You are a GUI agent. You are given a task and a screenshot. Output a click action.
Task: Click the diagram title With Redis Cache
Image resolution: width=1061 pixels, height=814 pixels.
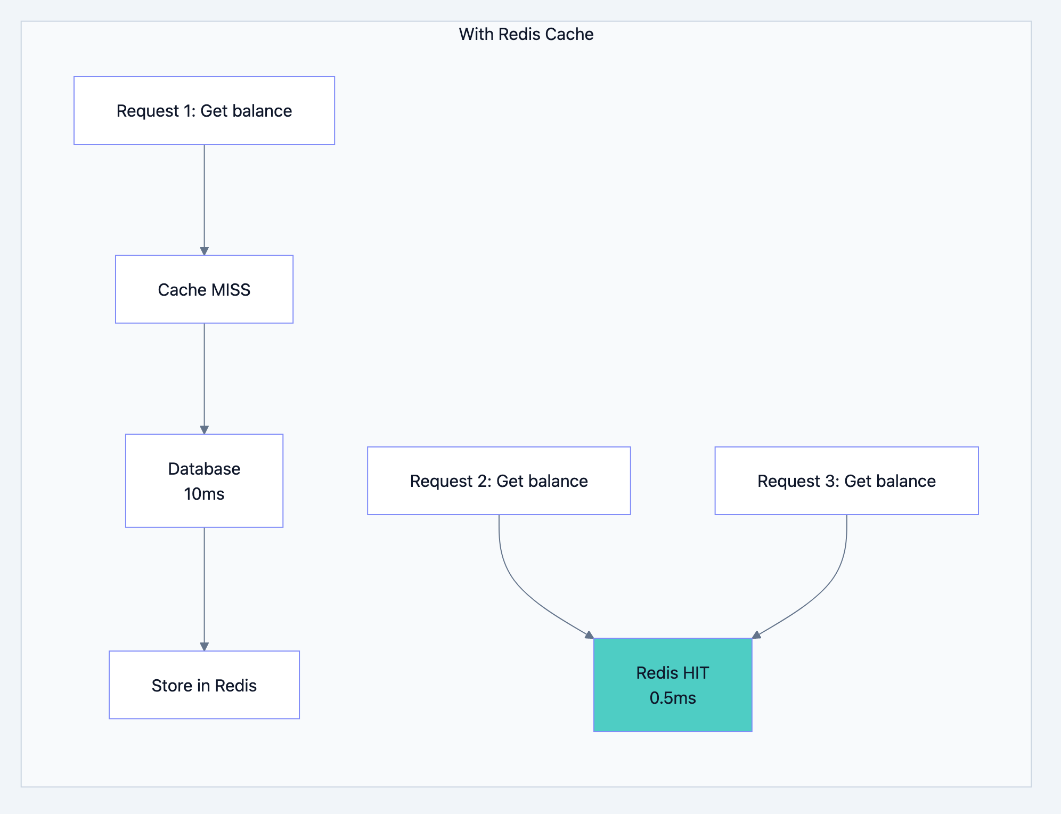(526, 34)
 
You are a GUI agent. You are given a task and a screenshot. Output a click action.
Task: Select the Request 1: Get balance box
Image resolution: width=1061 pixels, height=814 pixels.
(204, 110)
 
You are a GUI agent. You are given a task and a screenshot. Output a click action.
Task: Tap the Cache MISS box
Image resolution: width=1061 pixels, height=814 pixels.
(204, 289)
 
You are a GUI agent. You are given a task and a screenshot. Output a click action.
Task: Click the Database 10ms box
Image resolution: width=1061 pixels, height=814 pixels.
(204, 481)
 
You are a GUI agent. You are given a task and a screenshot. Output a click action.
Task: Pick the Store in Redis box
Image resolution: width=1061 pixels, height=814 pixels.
(204, 685)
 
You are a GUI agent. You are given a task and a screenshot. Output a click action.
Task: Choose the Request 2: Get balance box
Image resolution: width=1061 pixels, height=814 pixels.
(499, 481)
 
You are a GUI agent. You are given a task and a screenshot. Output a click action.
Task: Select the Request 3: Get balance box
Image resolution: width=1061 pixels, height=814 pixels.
(846, 481)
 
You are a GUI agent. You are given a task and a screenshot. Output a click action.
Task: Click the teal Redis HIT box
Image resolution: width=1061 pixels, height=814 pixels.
(672, 685)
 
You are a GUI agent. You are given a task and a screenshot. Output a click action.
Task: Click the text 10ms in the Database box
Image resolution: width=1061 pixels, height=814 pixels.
(204, 494)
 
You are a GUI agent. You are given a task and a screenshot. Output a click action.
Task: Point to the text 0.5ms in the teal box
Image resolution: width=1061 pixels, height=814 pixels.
(672, 698)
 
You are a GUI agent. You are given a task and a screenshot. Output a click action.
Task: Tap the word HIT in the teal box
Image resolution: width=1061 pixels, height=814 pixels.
(696, 673)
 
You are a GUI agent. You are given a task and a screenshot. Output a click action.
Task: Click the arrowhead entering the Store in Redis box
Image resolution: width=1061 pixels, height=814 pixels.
(204, 646)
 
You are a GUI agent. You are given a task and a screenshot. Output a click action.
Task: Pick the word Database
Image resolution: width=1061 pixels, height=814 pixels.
(204, 469)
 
